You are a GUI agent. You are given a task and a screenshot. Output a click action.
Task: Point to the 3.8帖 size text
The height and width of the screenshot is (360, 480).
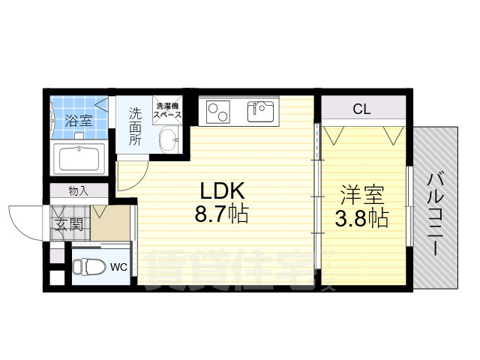(x=361, y=219)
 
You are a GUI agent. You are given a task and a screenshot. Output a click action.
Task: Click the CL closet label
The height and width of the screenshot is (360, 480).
(x=361, y=109)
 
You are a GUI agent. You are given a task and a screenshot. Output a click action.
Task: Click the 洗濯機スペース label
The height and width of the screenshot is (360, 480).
(x=168, y=111)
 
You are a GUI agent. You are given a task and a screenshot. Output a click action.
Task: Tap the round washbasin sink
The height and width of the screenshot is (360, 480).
(x=170, y=139)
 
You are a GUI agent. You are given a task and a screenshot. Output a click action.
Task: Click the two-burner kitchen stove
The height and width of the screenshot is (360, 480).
(x=219, y=112)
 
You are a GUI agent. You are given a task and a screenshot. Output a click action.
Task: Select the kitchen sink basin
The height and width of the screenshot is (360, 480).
(x=260, y=112)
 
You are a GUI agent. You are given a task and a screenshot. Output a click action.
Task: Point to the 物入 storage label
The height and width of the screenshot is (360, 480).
(x=78, y=190)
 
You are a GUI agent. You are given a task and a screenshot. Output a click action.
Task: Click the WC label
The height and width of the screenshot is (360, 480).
(x=118, y=266)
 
